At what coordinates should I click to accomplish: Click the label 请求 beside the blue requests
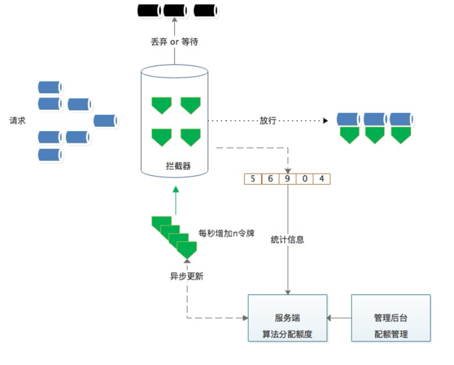click(x=17, y=120)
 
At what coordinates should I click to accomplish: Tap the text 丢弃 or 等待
click(x=174, y=42)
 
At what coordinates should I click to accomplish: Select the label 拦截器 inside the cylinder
click(x=178, y=166)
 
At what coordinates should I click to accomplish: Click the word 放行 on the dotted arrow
click(x=268, y=120)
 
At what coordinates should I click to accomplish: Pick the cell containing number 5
click(x=253, y=179)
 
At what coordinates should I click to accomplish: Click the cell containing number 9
click(x=287, y=179)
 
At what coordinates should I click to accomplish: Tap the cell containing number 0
click(x=305, y=179)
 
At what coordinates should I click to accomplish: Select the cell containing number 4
click(x=322, y=179)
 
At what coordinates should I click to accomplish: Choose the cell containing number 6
click(x=270, y=179)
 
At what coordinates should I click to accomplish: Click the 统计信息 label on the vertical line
click(x=287, y=239)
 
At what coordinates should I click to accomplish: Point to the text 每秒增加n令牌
click(x=226, y=233)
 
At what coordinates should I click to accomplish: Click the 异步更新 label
click(x=187, y=276)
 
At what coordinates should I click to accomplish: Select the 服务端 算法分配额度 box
click(x=287, y=318)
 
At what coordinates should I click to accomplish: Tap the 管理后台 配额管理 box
click(x=391, y=318)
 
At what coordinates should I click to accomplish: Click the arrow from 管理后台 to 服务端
click(x=339, y=318)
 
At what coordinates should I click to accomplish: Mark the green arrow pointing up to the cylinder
click(x=176, y=201)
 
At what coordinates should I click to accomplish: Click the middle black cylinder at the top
click(x=175, y=11)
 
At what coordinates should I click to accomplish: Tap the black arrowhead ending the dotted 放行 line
click(x=325, y=120)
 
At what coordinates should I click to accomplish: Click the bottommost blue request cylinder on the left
click(x=50, y=155)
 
